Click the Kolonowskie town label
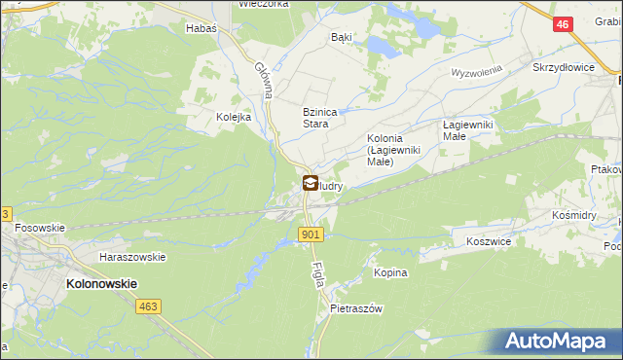click(x=101, y=283)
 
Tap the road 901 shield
click(x=311, y=234)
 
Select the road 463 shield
click(x=148, y=306)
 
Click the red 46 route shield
click(x=562, y=25)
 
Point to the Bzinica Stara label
click(x=319, y=118)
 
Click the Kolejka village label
click(x=234, y=117)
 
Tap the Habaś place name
click(x=201, y=28)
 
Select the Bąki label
click(x=341, y=37)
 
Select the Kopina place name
click(x=390, y=273)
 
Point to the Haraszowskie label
click(x=132, y=257)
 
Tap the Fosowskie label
click(x=40, y=228)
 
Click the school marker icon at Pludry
click(x=310, y=182)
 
